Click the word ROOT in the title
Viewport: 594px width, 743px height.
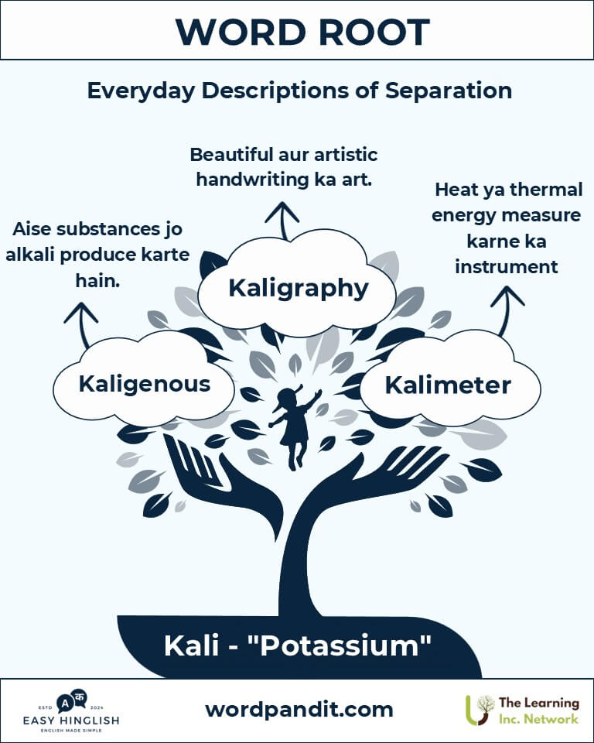tap(374, 33)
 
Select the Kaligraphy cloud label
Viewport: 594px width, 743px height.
tap(299, 288)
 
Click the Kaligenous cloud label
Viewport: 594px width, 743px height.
tap(145, 383)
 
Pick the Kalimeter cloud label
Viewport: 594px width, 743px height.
tap(448, 385)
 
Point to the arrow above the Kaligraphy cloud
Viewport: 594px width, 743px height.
tap(282, 221)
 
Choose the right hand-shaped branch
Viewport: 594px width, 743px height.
tap(374, 478)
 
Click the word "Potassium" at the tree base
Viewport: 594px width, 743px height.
tap(340, 645)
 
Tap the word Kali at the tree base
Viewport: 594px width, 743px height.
tap(191, 645)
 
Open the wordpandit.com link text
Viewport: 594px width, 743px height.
tap(299, 710)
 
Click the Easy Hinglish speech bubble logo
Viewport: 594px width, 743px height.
tap(71, 702)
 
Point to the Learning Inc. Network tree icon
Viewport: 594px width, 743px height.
tap(480, 710)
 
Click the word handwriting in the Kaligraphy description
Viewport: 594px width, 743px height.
tap(252, 180)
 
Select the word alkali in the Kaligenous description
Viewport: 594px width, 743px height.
tap(30, 255)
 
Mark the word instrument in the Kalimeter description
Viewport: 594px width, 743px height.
tap(507, 266)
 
